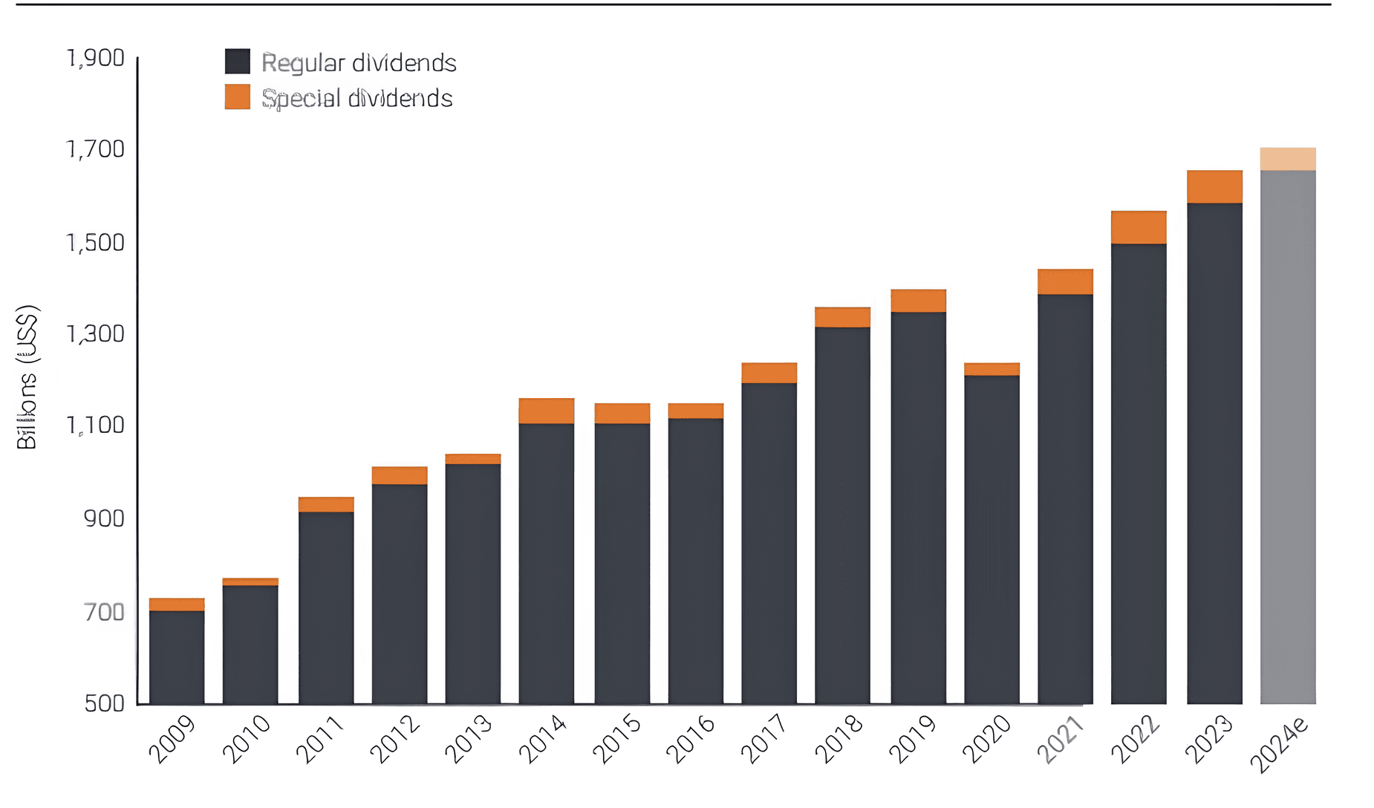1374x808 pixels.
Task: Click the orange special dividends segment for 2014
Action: [546, 411]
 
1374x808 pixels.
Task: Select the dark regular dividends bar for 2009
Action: [177, 656]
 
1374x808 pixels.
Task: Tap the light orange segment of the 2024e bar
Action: [1288, 159]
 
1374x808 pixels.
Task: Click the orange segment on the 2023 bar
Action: [1214, 186]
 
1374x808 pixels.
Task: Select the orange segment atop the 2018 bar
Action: [842, 317]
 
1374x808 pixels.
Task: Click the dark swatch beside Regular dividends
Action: [238, 62]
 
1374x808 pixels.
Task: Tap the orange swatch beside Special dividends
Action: [238, 97]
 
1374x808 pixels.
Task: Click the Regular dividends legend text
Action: [359, 63]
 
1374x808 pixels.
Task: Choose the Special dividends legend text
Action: [357, 98]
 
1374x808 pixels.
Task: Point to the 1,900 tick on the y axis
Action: [96, 58]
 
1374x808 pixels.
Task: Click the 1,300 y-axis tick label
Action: [96, 334]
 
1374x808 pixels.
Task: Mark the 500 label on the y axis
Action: [104, 703]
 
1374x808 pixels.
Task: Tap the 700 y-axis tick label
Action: [104, 612]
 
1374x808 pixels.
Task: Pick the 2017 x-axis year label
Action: [764, 740]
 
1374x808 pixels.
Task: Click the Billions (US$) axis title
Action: [27, 377]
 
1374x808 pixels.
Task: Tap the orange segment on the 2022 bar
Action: [1139, 227]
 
